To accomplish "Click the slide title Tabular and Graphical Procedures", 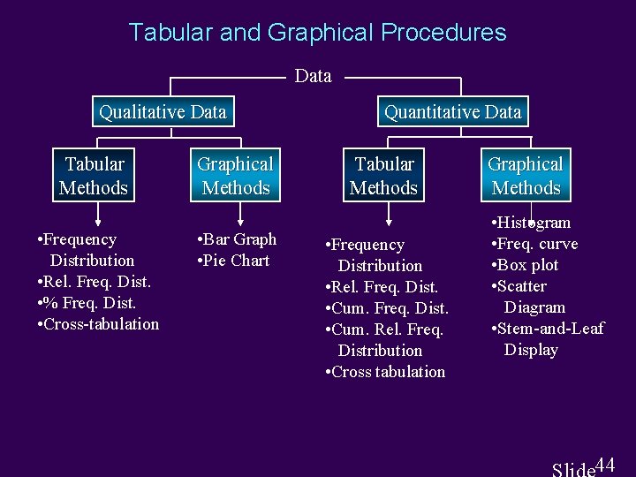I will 317,33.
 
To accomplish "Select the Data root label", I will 313,76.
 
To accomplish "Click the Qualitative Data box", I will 163,112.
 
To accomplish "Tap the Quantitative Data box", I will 452,112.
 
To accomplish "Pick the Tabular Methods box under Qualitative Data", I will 94,176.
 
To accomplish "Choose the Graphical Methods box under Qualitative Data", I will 235,176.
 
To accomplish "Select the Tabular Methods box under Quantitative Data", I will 383,176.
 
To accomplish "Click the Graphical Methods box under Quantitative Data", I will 526,176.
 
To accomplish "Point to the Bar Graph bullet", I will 238,239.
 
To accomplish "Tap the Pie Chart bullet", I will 234,261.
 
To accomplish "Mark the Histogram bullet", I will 534,223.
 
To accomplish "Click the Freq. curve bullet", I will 537,244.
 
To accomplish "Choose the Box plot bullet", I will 528,265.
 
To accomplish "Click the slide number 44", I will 606,464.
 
